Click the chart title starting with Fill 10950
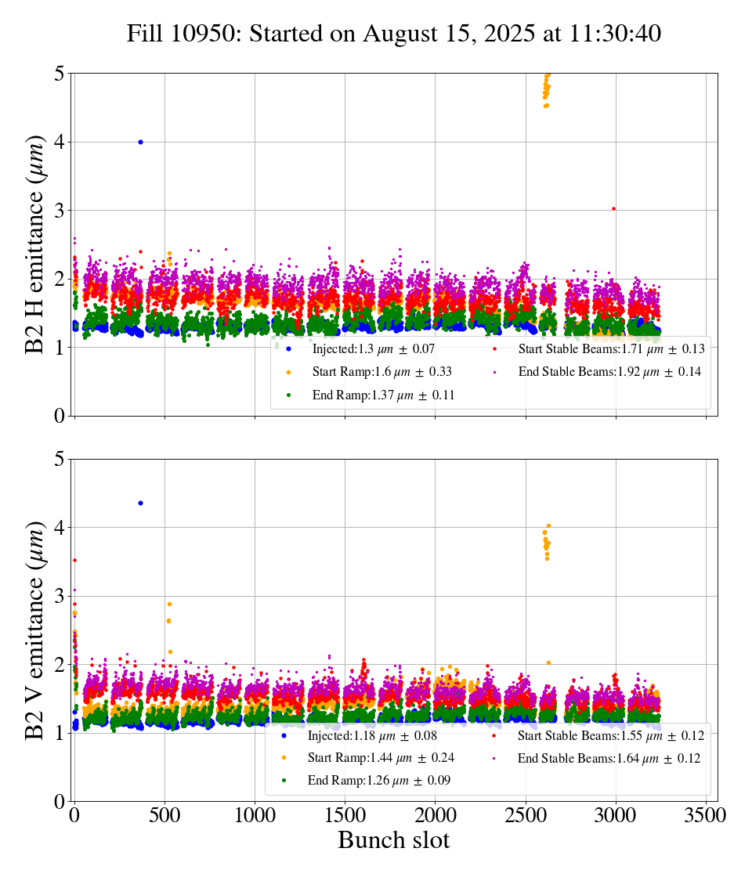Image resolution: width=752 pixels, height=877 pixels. [394, 34]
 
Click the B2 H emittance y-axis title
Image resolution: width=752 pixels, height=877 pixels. [35, 245]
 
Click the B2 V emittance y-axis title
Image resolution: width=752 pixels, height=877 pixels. [35, 630]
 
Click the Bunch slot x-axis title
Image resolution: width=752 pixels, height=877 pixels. [394, 841]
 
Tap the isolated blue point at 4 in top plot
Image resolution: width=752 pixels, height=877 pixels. [140, 142]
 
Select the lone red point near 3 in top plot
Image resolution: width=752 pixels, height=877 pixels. [613, 208]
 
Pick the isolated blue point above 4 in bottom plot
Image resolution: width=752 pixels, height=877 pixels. [140, 503]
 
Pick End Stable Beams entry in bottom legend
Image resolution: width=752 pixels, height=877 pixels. [609, 758]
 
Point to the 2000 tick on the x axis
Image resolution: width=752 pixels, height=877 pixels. [436, 814]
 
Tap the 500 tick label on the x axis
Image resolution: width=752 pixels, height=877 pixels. [164, 814]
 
